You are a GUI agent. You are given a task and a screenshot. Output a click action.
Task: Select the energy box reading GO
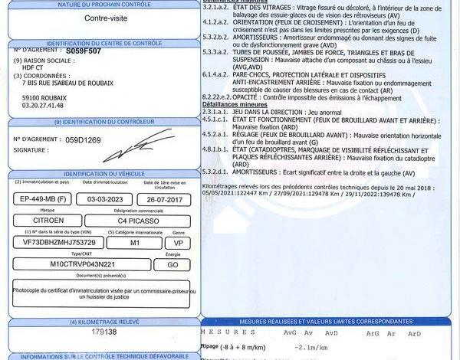169,263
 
